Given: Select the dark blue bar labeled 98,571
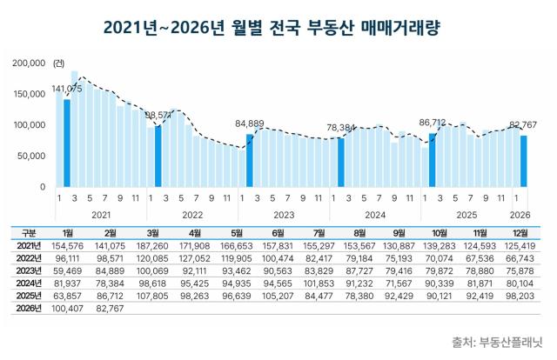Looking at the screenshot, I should pos(158,157).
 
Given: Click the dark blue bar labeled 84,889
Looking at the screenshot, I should pos(250,161).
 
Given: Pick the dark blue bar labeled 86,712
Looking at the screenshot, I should pos(433,160).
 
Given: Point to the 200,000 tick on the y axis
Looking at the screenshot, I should pos(29,63).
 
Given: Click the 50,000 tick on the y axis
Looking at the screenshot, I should pos(31,156).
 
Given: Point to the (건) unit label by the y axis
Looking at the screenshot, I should pos(58,63).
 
